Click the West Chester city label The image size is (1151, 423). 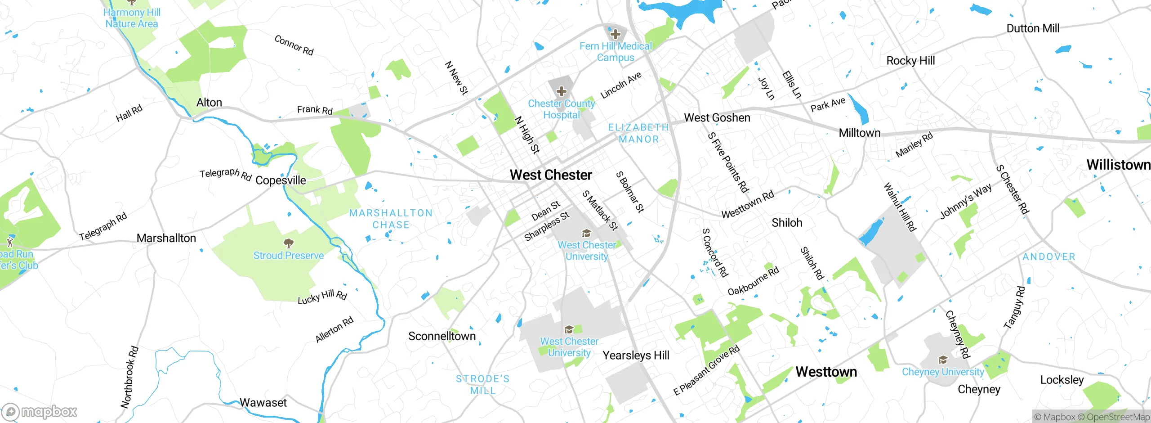(551, 175)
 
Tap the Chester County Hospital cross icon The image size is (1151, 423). (561, 92)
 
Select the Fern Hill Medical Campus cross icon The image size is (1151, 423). (615, 34)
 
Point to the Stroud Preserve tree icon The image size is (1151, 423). (289, 243)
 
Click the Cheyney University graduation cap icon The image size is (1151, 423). (943, 360)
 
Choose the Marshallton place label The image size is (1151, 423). (166, 238)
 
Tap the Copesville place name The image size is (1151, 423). (281, 180)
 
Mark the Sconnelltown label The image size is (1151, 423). (442, 336)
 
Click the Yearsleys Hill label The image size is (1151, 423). (636, 355)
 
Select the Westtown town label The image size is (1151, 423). (826, 372)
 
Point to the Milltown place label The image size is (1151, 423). (859, 133)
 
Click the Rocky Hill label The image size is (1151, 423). (910, 61)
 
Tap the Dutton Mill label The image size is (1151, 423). (1033, 28)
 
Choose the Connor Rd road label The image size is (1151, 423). (294, 45)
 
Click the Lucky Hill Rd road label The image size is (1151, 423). (322, 297)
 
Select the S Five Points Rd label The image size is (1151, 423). (728, 162)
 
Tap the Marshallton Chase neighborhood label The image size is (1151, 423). (391, 219)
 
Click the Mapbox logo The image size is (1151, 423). (40, 411)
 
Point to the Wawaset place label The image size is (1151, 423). (263, 402)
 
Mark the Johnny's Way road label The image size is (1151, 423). (965, 201)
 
